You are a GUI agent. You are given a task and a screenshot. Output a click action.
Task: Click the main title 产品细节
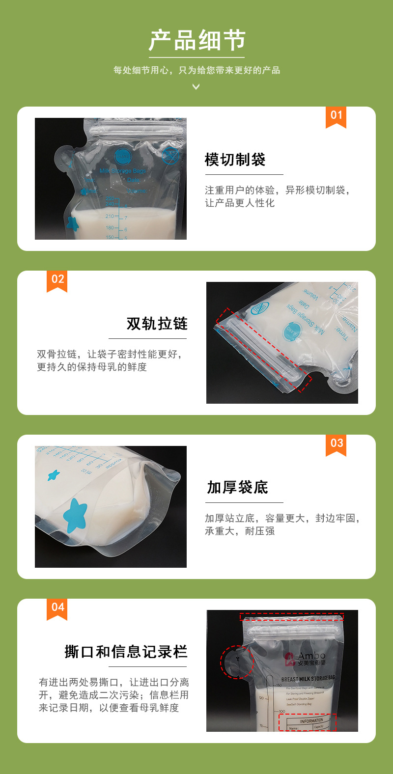coord(196,40)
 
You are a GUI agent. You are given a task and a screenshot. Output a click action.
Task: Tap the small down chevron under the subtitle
coord(196,87)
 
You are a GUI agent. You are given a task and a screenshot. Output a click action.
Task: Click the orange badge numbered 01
coord(336,116)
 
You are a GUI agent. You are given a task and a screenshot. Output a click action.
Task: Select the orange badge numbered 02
coord(57,280)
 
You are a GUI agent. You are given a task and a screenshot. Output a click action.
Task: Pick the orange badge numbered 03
coord(336,444)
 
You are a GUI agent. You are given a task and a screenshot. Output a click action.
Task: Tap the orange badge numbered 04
coord(57,608)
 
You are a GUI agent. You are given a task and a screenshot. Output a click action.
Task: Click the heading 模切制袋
coord(235,160)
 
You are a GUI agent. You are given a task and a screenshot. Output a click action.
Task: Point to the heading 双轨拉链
coord(157,324)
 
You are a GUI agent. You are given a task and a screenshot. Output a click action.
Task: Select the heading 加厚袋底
coord(237,488)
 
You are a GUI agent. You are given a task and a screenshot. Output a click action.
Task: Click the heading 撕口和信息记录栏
coord(126,652)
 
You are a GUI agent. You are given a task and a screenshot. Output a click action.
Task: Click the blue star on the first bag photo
coord(72,224)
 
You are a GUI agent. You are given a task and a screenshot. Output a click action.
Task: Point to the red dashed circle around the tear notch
coord(236,662)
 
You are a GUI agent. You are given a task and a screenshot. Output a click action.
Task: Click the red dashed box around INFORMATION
coord(308,722)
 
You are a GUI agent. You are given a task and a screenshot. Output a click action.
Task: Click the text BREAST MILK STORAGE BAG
coord(308,679)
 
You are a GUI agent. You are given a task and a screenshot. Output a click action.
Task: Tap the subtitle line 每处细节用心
coord(196,70)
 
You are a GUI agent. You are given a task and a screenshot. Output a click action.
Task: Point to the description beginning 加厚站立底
coord(282,525)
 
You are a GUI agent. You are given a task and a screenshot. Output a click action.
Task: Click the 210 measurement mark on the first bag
coord(110,216)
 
